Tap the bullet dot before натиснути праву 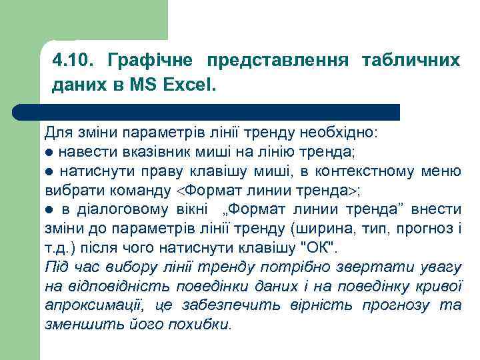pyautogui.click(x=48, y=172)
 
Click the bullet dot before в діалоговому pyautogui.click(x=48, y=211)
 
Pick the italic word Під pyautogui.click(x=55, y=268)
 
